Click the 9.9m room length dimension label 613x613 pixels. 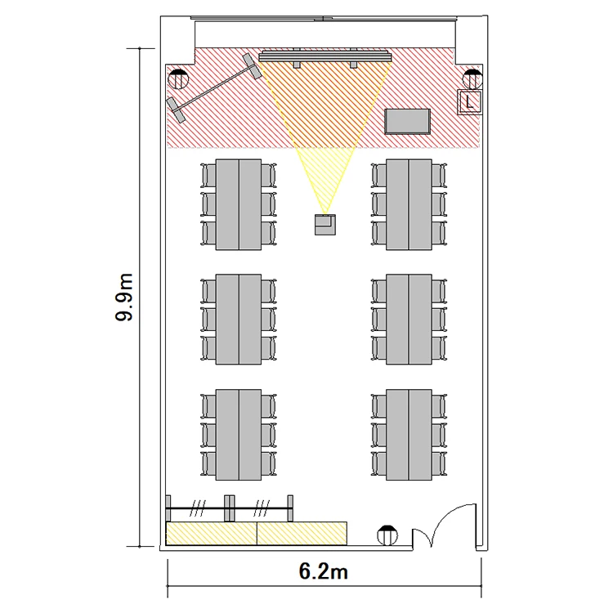point(124,298)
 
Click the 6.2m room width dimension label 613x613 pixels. point(324,571)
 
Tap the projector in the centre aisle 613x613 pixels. point(324,225)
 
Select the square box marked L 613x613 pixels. point(469,102)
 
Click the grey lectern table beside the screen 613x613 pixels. point(407,122)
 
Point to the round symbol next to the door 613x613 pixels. point(387,535)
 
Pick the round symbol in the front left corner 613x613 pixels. point(178,79)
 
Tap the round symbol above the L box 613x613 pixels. point(472,79)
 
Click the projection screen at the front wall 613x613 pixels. point(324,57)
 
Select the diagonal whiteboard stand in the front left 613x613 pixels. point(214,88)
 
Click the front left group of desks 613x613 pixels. point(239,204)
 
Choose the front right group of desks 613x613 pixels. point(409,204)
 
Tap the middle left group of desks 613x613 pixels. point(239,320)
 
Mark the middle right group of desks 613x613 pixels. point(409,320)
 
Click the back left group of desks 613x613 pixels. point(239,435)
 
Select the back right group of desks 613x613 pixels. point(409,435)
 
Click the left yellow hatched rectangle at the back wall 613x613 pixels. point(212,533)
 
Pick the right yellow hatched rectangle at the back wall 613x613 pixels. point(302,533)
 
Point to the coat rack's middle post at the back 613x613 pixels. point(230,508)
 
